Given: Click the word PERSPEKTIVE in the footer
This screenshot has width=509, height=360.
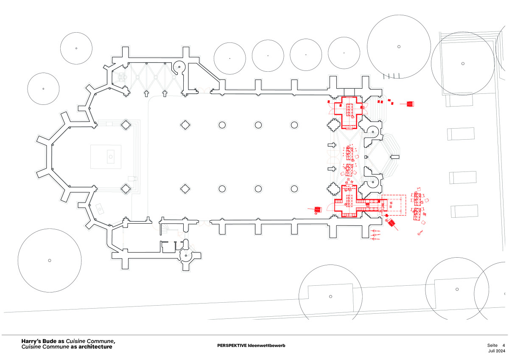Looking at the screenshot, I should click(x=232, y=346).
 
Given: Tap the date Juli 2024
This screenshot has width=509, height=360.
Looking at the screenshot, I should click(x=497, y=352).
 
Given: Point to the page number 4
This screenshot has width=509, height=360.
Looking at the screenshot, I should click(x=503, y=345).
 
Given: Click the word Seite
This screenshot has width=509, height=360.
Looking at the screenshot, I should click(x=492, y=345).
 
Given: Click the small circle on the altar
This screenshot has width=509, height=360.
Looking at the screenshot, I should click(x=111, y=157).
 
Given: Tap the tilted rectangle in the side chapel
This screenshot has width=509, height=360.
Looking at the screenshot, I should click(x=100, y=208).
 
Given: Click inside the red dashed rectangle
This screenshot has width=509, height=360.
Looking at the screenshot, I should click(x=394, y=205).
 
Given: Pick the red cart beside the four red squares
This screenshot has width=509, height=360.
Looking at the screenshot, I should click(x=410, y=104).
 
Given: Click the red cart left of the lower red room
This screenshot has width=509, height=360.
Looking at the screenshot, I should click(x=317, y=209).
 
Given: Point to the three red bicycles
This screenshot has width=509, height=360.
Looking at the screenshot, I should click(x=375, y=235).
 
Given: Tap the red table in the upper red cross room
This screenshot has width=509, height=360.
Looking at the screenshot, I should click(x=350, y=109).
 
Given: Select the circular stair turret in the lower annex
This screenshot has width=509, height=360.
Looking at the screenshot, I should click(x=185, y=255).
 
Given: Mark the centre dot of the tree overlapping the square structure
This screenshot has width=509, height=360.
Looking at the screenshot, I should click(x=463, y=64).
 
